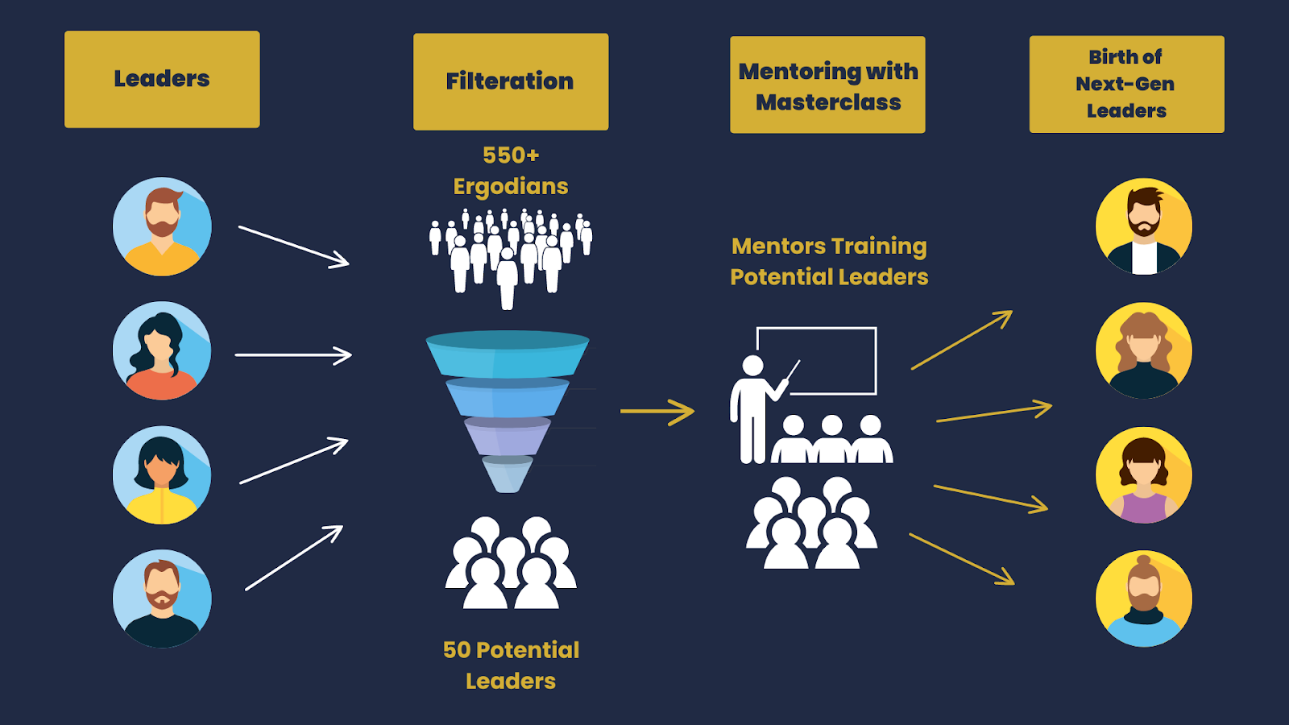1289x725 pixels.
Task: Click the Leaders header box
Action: [x=162, y=79]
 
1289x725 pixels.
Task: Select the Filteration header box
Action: [x=511, y=81]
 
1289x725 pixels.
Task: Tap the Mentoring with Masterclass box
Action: [x=827, y=85]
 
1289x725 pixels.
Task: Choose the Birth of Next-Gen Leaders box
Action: [x=1126, y=84]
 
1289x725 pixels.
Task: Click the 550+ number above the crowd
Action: [x=511, y=155]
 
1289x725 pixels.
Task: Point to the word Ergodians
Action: [x=511, y=187]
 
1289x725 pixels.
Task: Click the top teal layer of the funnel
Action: [x=508, y=353]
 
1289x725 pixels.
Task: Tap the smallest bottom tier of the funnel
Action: [x=508, y=474]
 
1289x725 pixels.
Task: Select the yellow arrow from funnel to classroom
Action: [x=657, y=412]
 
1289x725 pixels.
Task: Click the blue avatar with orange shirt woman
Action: [x=162, y=350]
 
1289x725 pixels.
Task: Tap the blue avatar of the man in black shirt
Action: [x=162, y=599]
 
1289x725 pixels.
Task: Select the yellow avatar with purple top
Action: [x=1143, y=475]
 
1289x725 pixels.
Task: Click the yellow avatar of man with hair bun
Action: [x=1143, y=599]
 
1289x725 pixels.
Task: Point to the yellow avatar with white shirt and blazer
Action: [x=1143, y=226]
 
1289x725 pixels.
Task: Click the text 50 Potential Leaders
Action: [x=511, y=665]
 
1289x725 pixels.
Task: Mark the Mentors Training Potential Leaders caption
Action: [x=829, y=261]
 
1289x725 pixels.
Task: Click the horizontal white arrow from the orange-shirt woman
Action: [x=293, y=354]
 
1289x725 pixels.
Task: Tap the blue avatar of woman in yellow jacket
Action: [x=162, y=475]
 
